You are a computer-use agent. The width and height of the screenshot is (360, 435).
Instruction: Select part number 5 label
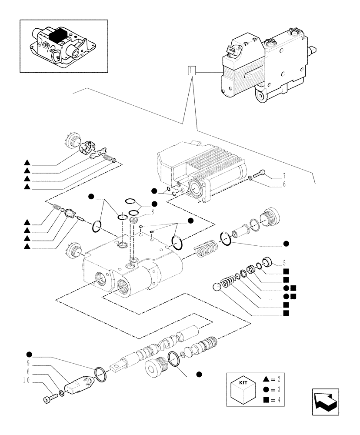click(x=284, y=263)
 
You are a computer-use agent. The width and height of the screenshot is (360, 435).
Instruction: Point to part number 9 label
click(x=28, y=363)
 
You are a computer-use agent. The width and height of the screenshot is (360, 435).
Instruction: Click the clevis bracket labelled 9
click(x=79, y=385)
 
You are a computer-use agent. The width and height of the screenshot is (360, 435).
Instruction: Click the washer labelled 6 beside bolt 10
click(x=61, y=394)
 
